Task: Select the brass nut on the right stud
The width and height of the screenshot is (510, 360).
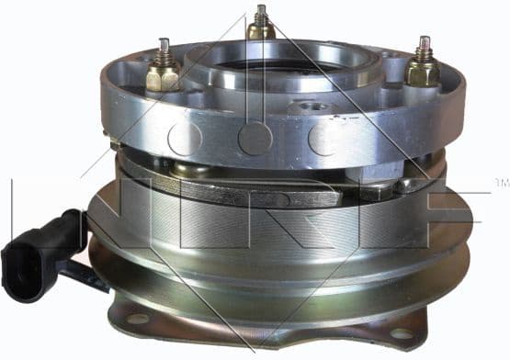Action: click(424, 73)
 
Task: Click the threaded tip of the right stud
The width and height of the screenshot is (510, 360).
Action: click(424, 43)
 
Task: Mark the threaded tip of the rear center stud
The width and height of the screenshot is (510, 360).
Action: click(260, 11)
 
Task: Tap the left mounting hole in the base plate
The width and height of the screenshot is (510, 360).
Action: click(138, 319)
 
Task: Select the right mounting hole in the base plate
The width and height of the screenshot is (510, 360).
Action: click(402, 332)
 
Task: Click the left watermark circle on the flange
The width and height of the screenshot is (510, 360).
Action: click(183, 139)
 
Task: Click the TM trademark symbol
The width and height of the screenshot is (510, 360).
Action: click(501, 179)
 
